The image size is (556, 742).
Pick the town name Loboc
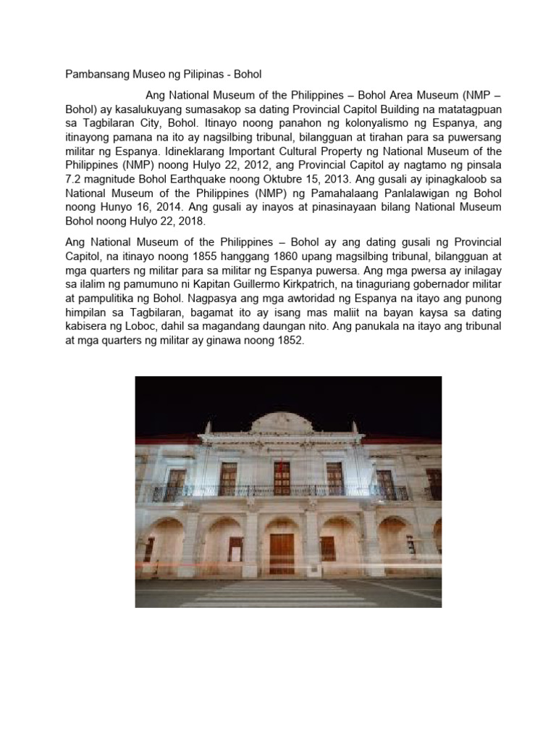[x=139, y=325]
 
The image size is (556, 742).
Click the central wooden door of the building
[x=282, y=554]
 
